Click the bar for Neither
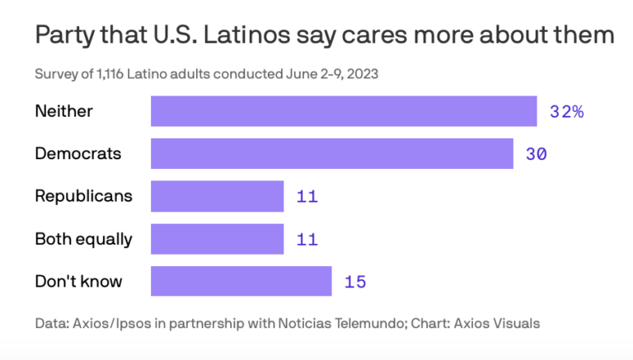click(x=344, y=111)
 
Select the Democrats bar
click(x=332, y=154)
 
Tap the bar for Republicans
click(x=217, y=197)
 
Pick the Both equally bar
click(x=217, y=240)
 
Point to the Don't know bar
click(x=241, y=282)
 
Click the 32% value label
click(x=566, y=112)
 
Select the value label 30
click(x=536, y=154)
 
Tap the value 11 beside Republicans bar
click(x=307, y=197)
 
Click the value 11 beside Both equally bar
click(x=307, y=240)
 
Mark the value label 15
click(x=354, y=282)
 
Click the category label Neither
click(x=63, y=111)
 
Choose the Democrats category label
click(x=77, y=153)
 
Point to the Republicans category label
click(x=83, y=196)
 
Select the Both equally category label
click(x=83, y=239)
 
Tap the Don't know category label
click(x=78, y=281)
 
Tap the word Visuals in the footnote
click(x=517, y=323)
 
